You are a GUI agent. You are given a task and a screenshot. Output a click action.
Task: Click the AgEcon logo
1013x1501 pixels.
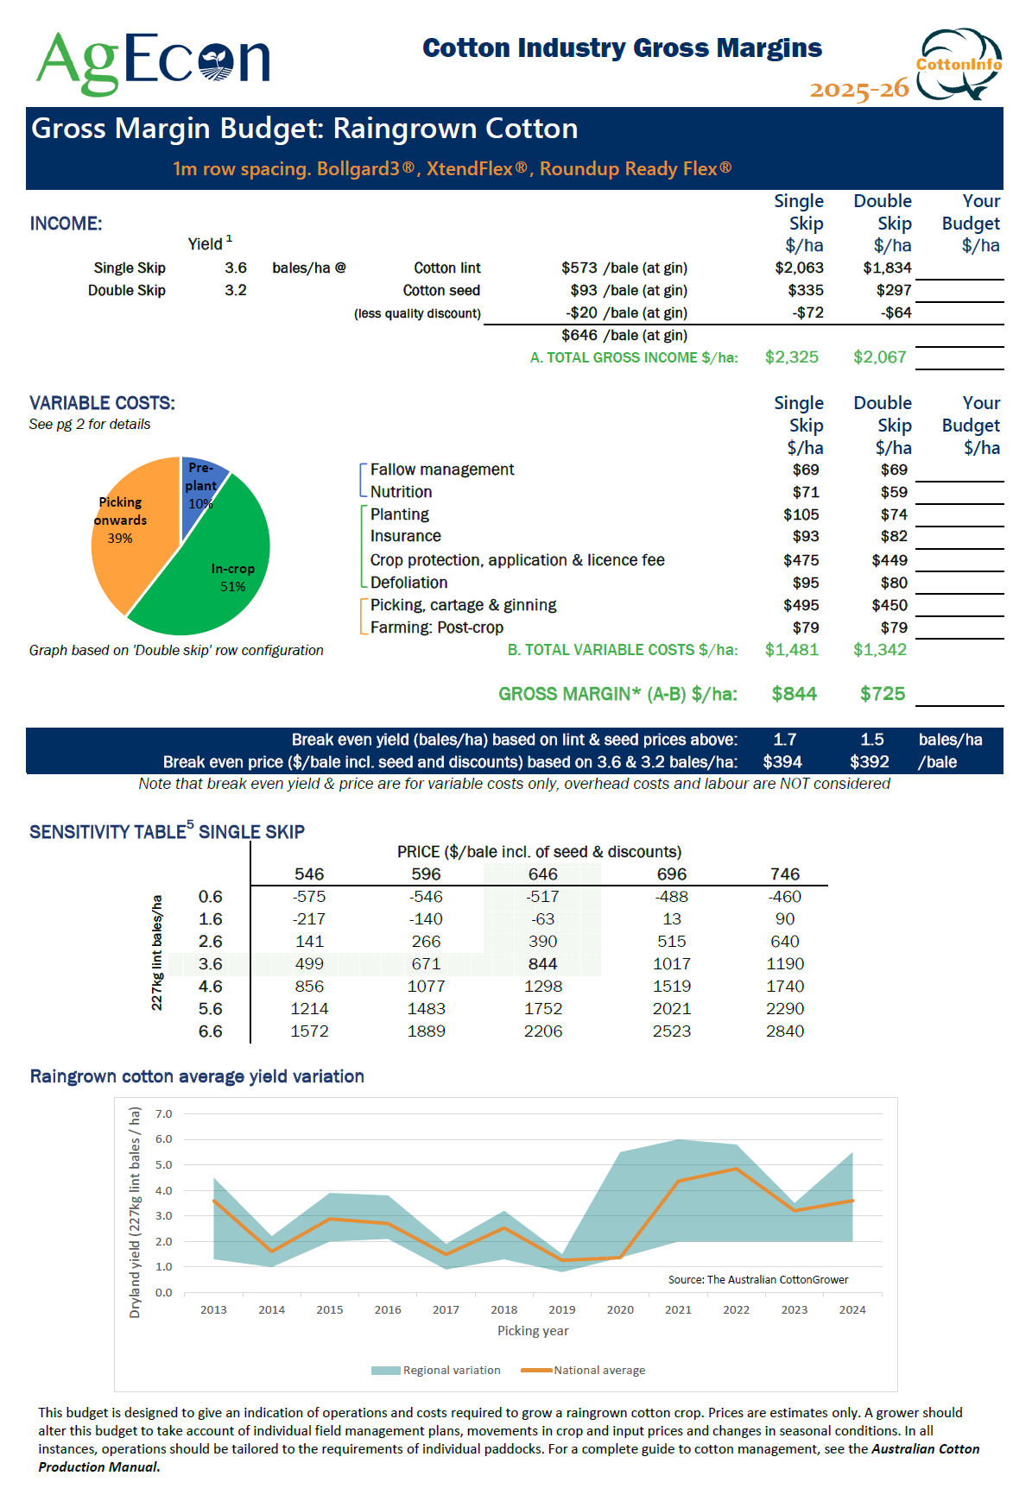click(153, 60)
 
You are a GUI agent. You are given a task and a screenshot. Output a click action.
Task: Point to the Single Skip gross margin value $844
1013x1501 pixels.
click(794, 694)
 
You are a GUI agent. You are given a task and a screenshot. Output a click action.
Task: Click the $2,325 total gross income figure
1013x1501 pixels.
click(791, 357)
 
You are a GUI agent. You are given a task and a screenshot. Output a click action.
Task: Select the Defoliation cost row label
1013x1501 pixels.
click(408, 583)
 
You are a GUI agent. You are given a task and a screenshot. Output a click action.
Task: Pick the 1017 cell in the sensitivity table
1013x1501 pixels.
click(671, 964)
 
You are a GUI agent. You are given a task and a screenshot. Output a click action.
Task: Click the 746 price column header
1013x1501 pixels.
click(784, 874)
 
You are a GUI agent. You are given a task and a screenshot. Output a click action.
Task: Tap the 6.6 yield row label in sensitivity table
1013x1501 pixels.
click(210, 1031)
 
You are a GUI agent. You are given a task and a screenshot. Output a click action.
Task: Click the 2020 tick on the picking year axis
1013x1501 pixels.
click(620, 1309)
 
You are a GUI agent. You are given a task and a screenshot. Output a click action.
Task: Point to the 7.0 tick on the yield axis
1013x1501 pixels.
click(163, 1114)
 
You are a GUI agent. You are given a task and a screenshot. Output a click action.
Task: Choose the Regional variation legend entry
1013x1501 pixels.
click(436, 1370)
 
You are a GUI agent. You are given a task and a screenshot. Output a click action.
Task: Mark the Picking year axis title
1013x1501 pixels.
click(533, 1331)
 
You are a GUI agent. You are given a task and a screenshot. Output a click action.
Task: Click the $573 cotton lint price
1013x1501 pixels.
click(579, 268)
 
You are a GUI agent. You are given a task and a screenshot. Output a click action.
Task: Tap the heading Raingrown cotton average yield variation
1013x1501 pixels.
click(197, 1076)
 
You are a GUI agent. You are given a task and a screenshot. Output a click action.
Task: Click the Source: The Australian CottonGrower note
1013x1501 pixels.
click(757, 1280)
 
